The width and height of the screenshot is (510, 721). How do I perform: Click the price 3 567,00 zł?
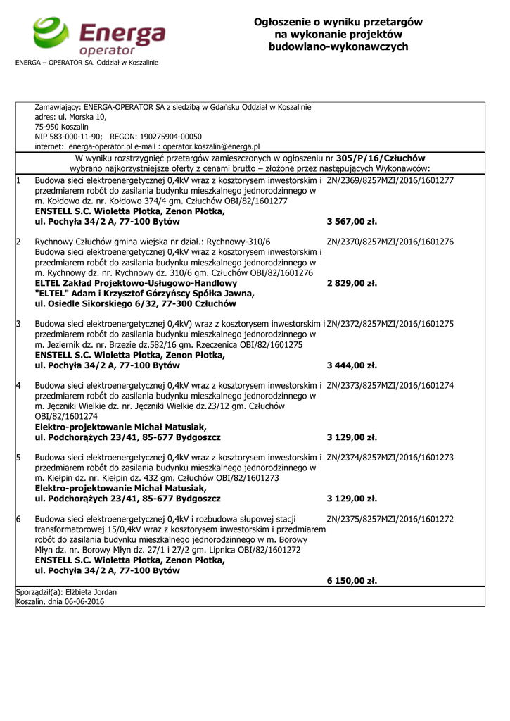pos(352,221)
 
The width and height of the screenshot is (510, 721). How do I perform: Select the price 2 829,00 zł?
pos(352,283)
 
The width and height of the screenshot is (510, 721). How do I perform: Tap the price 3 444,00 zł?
pos(352,365)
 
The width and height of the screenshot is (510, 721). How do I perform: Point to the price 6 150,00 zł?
pos(352,581)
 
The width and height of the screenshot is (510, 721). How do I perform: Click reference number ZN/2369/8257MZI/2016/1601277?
pos(390,180)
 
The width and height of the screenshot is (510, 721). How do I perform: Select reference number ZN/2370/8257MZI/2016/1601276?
pos(390,242)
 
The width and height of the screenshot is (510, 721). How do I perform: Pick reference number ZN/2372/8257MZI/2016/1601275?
pos(390,324)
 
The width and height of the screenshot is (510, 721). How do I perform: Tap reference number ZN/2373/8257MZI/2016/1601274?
pos(390,385)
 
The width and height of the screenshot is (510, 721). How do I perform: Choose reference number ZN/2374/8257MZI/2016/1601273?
pos(390,457)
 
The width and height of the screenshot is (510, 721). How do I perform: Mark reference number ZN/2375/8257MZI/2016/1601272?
pos(390,519)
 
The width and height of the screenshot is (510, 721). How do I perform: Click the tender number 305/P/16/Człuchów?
pos(381,158)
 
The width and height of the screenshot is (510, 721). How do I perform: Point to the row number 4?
pos(19,385)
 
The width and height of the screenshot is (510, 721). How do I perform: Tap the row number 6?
pos(19,519)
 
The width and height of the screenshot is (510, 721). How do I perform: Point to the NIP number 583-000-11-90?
pos(75,137)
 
